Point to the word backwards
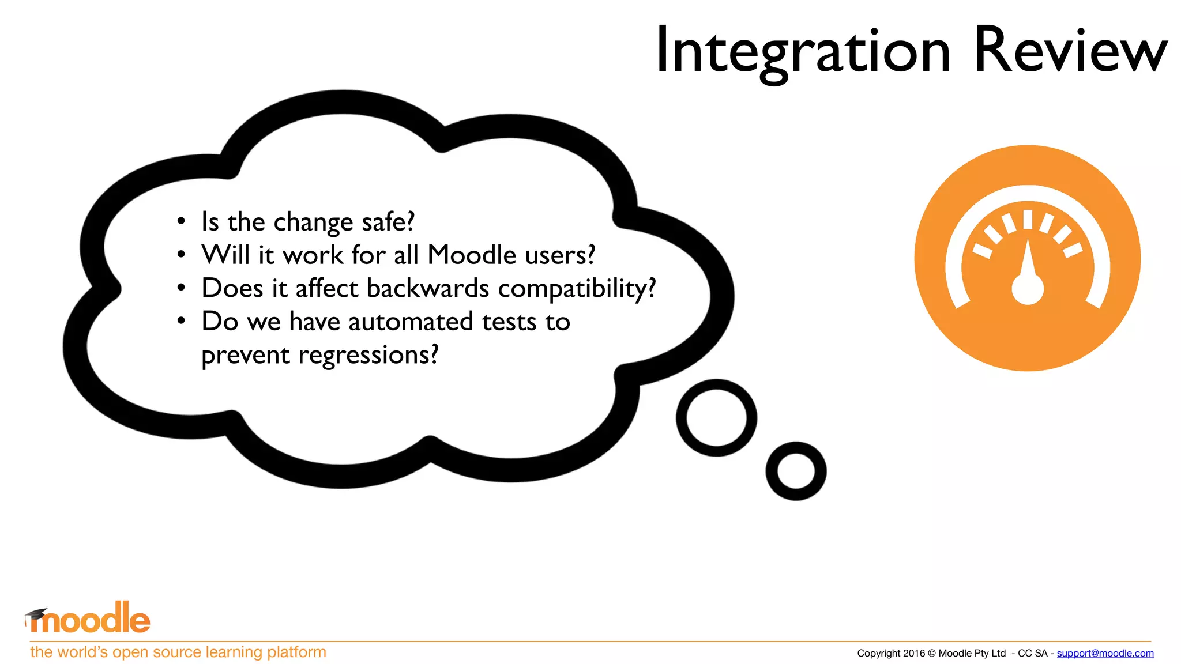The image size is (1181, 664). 428,288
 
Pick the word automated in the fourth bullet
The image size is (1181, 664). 411,322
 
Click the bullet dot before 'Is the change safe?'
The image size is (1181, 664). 181,222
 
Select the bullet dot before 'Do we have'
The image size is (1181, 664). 181,321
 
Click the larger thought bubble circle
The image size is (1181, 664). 716,418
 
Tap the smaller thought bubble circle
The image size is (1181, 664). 796,471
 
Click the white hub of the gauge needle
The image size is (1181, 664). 1028,289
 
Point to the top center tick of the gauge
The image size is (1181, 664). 1028,220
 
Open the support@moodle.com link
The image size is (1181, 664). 1105,653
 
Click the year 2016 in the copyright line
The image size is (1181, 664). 914,653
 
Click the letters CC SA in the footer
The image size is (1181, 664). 1032,653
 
